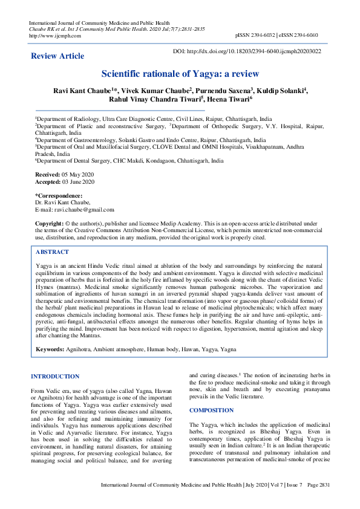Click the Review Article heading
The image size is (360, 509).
pos(57,56)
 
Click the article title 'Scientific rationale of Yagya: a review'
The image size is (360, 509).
pos(180,74)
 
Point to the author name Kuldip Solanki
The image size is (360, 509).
pos(284,90)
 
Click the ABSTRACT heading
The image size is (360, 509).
pos(53,251)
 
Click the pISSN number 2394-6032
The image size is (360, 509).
pos(266,35)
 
